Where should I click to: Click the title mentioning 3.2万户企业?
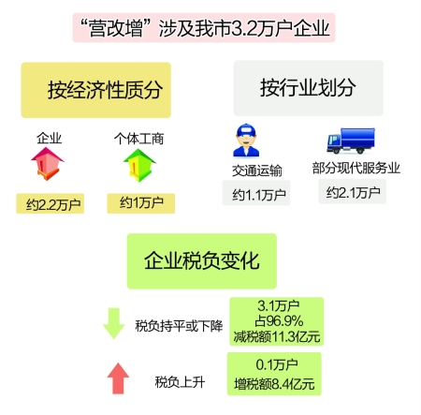pos(204,28)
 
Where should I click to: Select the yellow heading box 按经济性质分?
pos(96,90)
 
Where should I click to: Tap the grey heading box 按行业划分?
pos(309,88)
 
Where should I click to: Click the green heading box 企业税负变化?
pos(202,261)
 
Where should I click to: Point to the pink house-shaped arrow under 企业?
pos(48,164)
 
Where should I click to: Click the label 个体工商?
pos(138,139)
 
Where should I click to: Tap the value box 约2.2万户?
pos(51,203)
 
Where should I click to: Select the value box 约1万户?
pos(141,203)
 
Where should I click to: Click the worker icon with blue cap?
pos(246,141)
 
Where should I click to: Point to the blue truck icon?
pos(351,141)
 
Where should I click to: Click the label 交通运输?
pos(257,170)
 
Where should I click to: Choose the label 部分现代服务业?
pos(356,168)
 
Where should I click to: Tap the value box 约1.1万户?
pos(256,193)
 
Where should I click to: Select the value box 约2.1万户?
pos(353,192)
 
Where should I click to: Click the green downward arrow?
pos(114,323)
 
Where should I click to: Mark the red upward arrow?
pos(118,378)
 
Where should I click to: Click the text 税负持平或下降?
pos(179,326)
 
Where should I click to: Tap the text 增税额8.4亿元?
pos(274,384)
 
